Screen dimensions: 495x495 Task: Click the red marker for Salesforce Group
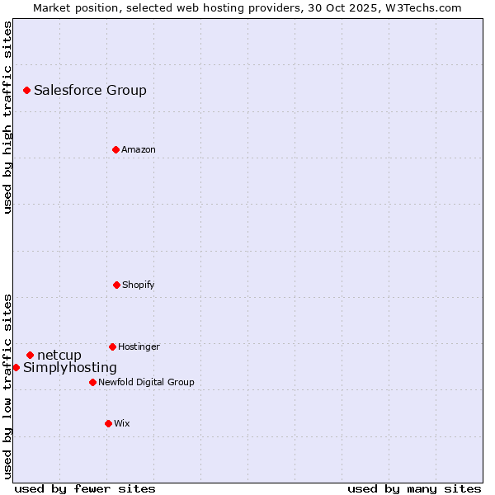pos(26,90)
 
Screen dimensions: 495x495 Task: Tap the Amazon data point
pos(115,149)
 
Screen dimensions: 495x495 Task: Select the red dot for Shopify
pos(116,285)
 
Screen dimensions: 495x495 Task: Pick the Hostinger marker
pos(112,346)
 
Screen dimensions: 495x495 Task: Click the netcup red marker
pos(30,355)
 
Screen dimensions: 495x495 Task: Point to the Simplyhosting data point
pos(16,367)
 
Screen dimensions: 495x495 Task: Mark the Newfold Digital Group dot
pos(92,382)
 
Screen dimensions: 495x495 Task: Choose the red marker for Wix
pos(108,423)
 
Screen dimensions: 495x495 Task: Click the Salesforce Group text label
pos(90,91)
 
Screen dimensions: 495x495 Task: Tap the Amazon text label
pos(139,150)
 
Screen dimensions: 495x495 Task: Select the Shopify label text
pos(139,285)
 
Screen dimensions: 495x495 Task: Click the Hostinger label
pos(139,347)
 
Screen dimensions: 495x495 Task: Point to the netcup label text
pos(59,356)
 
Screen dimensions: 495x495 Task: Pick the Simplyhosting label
pos(70,368)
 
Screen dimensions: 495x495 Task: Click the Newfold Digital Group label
pos(146,383)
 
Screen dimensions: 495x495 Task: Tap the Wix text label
pos(122,424)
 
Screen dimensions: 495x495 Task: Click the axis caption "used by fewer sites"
pos(85,488)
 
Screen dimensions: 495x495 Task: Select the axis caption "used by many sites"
pos(414,488)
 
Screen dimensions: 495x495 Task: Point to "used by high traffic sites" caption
pos(7,117)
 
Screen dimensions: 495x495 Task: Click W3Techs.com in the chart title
pos(420,7)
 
